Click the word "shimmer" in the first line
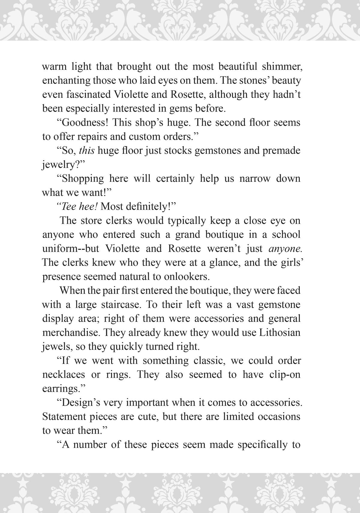[x=282, y=66]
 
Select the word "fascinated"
[x=88, y=94]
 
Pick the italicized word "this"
[x=87, y=150]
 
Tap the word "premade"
[x=281, y=150]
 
